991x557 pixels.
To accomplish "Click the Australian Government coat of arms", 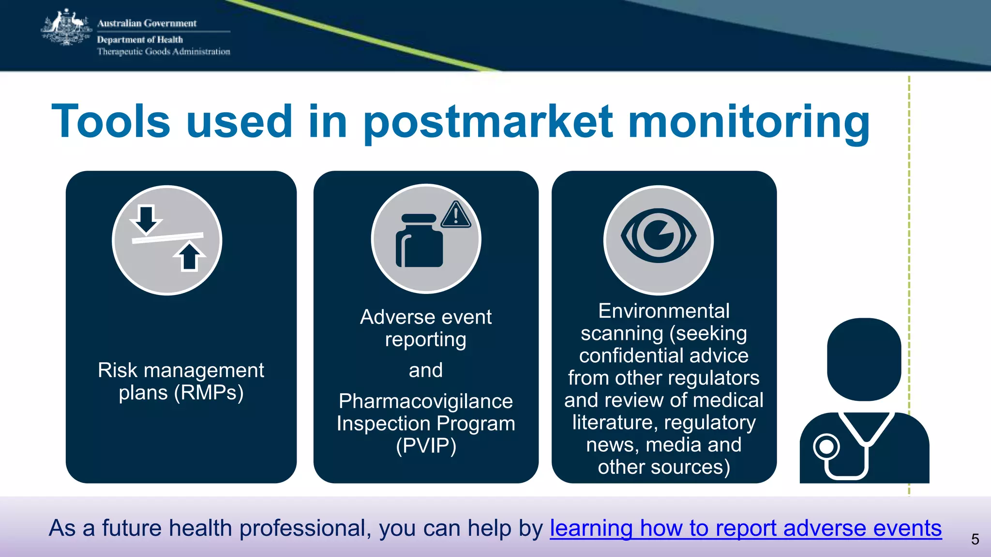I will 66,28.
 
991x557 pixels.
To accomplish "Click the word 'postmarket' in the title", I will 488,122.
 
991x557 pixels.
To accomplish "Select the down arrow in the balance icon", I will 146,219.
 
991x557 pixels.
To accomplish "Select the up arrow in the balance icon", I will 189,256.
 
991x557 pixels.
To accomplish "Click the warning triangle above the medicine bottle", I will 455,215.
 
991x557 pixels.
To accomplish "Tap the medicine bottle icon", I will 419,241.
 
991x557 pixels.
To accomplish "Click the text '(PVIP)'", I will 426,446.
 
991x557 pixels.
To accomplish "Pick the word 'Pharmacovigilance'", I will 426,401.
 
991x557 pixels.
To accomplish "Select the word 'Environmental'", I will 663,311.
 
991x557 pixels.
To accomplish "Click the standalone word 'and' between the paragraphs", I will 426,370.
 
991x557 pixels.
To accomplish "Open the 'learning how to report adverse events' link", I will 746,528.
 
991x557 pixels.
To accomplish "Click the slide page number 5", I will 975,539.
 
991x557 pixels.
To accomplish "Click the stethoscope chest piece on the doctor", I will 826,447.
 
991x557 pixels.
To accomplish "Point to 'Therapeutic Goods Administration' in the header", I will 164,52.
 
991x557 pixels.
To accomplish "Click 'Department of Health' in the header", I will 140,40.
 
